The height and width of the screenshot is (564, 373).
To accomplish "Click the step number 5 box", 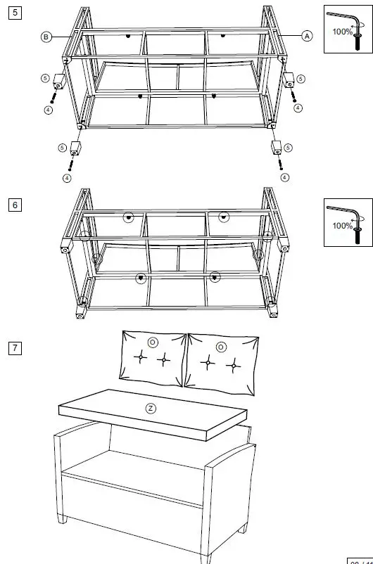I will pyautogui.click(x=15, y=13).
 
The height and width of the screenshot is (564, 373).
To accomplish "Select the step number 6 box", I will pyautogui.click(x=15, y=205).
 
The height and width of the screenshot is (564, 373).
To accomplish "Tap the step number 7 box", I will pyautogui.click(x=15, y=347).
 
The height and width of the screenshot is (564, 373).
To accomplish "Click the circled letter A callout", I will pyautogui.click(x=306, y=36).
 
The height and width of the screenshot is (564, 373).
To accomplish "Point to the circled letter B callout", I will pyautogui.click(x=46, y=37).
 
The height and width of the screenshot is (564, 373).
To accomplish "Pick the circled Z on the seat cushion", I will pyautogui.click(x=150, y=408).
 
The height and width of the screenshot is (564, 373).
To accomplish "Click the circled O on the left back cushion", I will pyautogui.click(x=153, y=342).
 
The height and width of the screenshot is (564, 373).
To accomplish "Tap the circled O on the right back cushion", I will pyautogui.click(x=220, y=347).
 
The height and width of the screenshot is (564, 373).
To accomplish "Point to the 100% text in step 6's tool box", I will pyautogui.click(x=343, y=226).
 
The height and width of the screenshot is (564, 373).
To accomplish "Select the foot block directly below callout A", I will pyautogui.click(x=289, y=81).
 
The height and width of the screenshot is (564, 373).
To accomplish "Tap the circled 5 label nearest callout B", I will pyautogui.click(x=45, y=77).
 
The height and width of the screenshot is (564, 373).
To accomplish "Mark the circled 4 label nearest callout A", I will pyautogui.click(x=298, y=108).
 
